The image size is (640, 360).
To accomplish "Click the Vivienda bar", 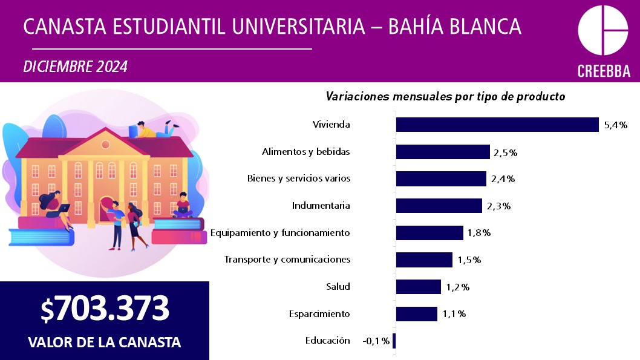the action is (497, 125).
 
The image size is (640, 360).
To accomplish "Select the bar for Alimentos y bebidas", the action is (443, 152).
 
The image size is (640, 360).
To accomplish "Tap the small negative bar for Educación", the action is (394, 341).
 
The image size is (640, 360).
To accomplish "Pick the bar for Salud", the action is (419, 287).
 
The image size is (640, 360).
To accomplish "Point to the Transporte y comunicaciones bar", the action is (424, 260).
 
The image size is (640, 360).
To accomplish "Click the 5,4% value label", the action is (616, 125).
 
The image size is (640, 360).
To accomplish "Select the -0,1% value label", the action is (376, 341).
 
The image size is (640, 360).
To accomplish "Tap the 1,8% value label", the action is (478, 233).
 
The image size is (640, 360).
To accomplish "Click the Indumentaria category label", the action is (321, 205).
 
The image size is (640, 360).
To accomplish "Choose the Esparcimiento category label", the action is (319, 314).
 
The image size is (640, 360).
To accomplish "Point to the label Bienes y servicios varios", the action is (299, 178).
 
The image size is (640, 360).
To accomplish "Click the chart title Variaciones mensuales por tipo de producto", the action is (445, 96).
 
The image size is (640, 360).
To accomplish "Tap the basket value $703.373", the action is (105, 308).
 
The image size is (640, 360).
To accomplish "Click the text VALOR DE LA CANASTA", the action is (105, 342).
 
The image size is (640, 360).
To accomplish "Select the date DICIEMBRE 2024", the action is (76, 67).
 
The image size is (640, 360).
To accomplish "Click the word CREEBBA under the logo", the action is (604, 71).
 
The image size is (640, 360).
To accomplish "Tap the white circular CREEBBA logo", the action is (603, 30).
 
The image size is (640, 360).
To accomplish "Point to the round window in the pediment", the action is (105, 145).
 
